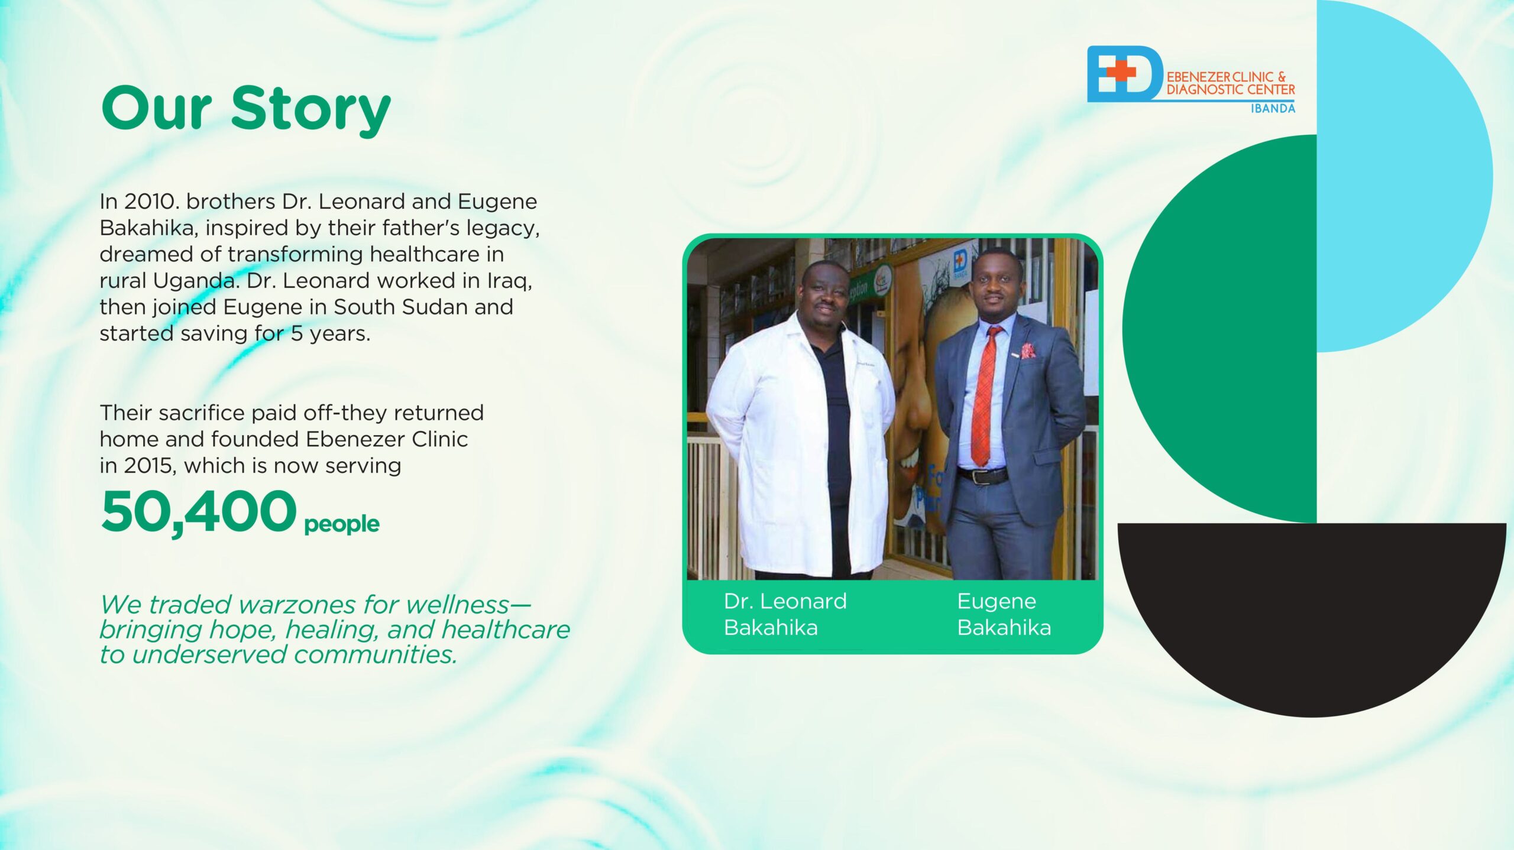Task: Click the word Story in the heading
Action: [x=310, y=109]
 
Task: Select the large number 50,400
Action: [x=199, y=512]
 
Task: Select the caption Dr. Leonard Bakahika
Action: [x=785, y=614]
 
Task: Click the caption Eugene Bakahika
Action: [x=1004, y=614]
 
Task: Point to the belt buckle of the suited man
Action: [x=980, y=476]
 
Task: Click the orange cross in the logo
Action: [x=1120, y=72]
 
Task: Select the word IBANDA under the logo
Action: [x=1273, y=108]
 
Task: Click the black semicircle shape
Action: [x=1312, y=615]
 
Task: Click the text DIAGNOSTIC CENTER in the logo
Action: [x=1230, y=90]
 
